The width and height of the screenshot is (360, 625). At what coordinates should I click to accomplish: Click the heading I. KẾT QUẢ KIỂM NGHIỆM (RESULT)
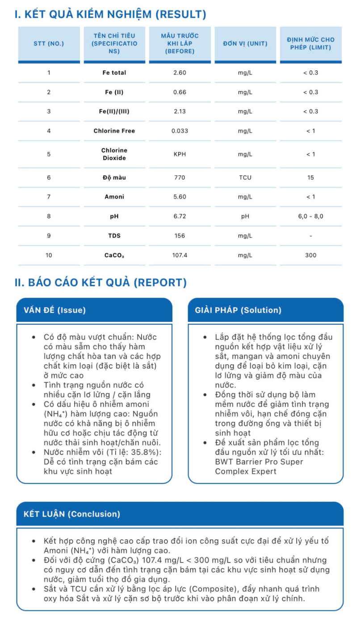[110, 14]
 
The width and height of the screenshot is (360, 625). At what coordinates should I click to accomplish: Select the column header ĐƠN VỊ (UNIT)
[245, 44]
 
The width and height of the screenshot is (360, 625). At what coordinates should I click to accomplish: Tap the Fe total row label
[114, 73]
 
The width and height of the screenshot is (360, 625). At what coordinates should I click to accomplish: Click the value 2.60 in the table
[180, 73]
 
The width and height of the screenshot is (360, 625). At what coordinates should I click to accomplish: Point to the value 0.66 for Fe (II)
[180, 92]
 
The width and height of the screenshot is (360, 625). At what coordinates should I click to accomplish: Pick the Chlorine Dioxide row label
[114, 154]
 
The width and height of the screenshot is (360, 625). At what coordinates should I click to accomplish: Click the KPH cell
[180, 154]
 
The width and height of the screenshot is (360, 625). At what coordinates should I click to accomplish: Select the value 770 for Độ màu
[180, 178]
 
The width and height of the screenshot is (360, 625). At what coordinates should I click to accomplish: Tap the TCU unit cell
[245, 178]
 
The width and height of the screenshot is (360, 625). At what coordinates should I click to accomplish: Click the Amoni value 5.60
[180, 197]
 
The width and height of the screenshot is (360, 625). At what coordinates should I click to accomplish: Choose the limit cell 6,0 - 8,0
[310, 217]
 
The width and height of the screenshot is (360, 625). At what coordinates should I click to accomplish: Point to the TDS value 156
[180, 236]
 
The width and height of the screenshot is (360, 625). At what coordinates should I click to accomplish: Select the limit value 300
[310, 255]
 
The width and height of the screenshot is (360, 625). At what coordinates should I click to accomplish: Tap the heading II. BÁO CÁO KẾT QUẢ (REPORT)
[100, 283]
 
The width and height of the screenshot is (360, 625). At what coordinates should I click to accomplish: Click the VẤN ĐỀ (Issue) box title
[54, 310]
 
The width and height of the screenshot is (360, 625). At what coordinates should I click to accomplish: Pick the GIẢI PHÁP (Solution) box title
[238, 310]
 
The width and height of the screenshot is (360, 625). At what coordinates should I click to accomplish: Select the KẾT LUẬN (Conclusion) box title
[71, 514]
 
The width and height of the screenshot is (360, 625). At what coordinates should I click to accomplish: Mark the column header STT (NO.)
[49, 44]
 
